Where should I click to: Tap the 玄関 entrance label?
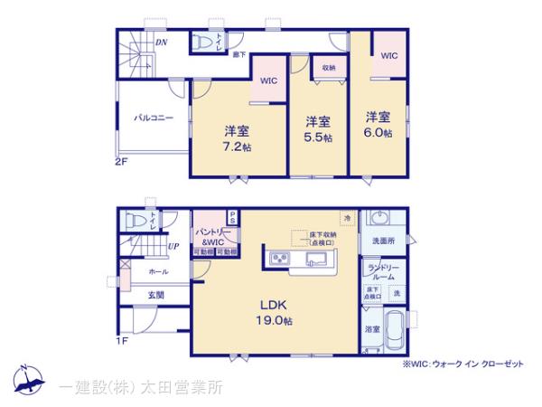(x=155, y=294)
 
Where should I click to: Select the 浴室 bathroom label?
(x=371, y=330)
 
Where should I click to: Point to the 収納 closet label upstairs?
(x=327, y=68)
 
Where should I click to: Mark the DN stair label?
(x=160, y=42)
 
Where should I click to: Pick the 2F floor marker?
(x=122, y=162)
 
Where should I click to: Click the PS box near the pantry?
(x=232, y=217)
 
